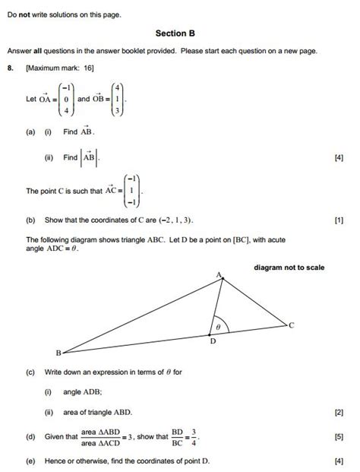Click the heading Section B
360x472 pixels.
click(x=175, y=33)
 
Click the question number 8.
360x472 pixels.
click(x=10, y=68)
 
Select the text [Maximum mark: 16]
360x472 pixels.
click(x=55, y=68)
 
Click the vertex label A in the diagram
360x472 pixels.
click(x=219, y=274)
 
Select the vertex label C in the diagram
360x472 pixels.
click(x=291, y=325)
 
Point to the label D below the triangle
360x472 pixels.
click(x=213, y=342)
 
